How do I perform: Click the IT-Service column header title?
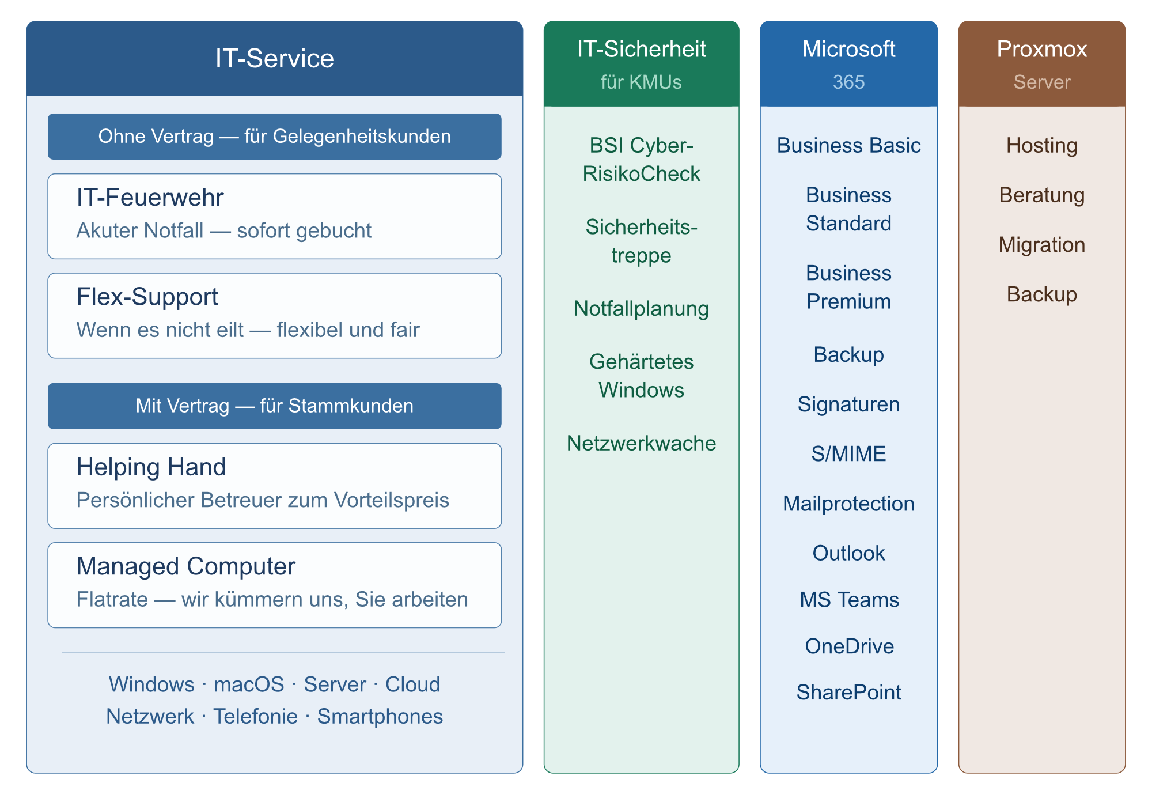(x=275, y=58)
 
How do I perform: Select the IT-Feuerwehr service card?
(x=275, y=216)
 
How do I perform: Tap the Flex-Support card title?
(x=147, y=297)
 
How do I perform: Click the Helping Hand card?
(x=275, y=485)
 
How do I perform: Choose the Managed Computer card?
(x=275, y=585)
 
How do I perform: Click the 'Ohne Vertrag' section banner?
(x=275, y=137)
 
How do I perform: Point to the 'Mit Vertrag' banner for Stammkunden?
(x=275, y=406)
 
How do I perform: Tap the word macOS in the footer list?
(x=249, y=684)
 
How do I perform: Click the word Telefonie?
(x=256, y=716)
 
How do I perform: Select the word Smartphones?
(x=380, y=716)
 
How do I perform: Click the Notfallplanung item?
(x=641, y=309)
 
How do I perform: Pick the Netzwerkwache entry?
(x=641, y=443)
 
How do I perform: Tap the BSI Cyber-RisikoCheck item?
(x=641, y=160)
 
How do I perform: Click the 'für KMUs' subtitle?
(x=641, y=82)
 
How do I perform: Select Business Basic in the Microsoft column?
(x=848, y=146)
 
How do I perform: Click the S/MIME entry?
(x=848, y=454)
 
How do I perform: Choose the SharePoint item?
(x=848, y=693)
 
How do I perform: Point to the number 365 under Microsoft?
(x=848, y=82)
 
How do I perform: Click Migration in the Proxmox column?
(x=1041, y=245)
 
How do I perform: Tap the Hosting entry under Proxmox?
(x=1041, y=146)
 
